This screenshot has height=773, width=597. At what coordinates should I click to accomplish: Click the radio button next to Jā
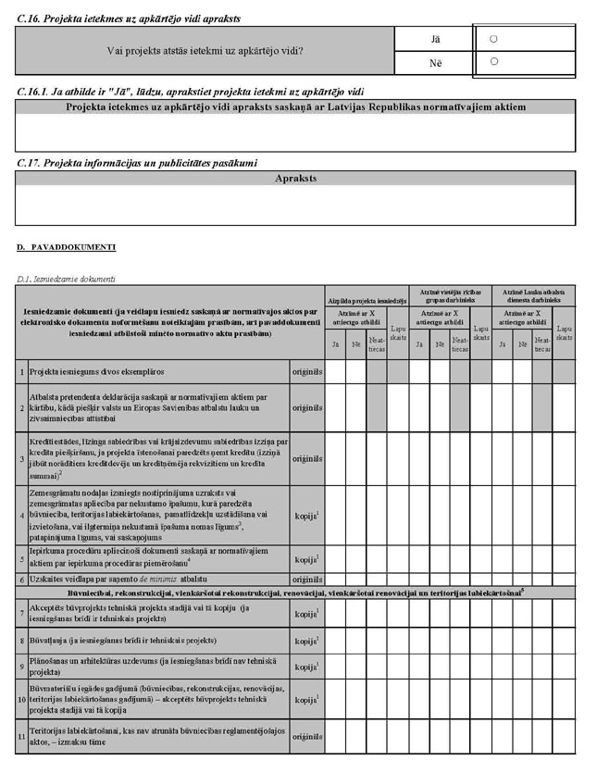[493, 39]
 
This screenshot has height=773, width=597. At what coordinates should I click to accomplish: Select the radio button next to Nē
[493, 62]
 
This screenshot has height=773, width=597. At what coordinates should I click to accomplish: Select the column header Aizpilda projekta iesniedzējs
[366, 301]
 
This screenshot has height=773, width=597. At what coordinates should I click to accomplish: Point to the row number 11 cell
[21, 736]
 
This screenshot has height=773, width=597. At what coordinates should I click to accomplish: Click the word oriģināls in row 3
[306, 458]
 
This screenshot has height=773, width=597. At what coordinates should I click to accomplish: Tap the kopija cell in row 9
[306, 666]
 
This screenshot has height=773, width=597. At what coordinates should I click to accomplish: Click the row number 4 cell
[21, 514]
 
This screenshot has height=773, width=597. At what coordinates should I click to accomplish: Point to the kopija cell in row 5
[306, 558]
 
